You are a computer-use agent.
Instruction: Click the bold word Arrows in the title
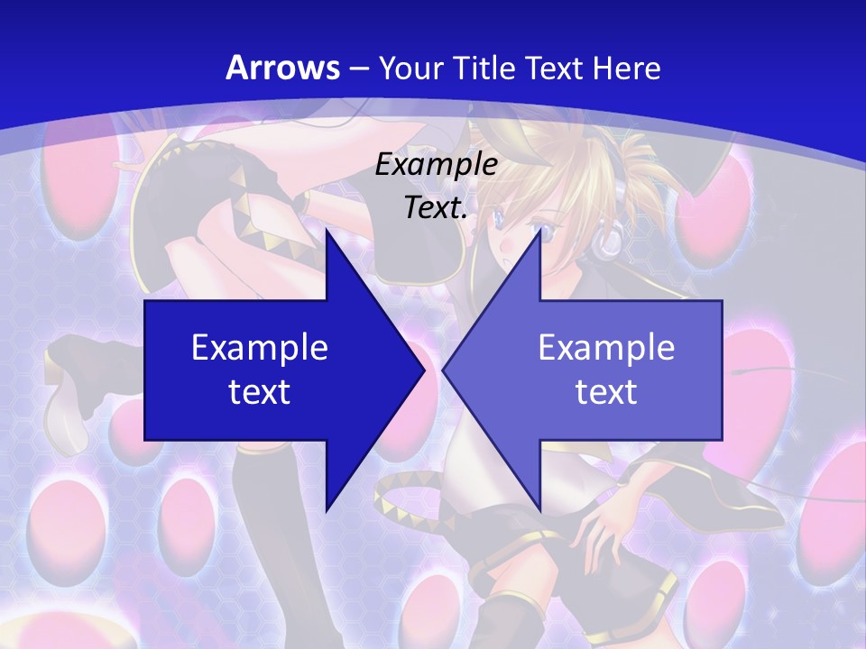tap(282, 68)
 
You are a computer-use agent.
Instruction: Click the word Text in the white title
tap(552, 68)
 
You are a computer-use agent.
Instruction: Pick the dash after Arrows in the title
tap(356, 69)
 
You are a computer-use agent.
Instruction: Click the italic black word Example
tap(436, 165)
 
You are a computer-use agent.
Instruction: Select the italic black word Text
tap(433, 208)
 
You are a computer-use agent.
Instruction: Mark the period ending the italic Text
tap(465, 217)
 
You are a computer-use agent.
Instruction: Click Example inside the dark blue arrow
tap(259, 348)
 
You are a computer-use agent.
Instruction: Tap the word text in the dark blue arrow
tap(259, 392)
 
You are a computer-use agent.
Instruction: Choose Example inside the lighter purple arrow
tap(606, 348)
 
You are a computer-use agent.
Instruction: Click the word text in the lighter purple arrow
tap(606, 392)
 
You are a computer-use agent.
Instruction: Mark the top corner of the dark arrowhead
tap(327, 229)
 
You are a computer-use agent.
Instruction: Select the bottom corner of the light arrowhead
tap(539, 510)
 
